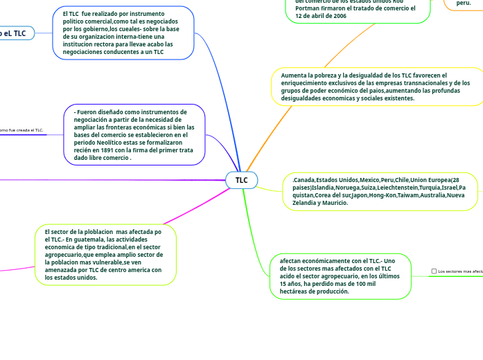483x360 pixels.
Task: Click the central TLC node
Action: click(x=241, y=180)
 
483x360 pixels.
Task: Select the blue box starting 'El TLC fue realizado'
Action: click(x=123, y=33)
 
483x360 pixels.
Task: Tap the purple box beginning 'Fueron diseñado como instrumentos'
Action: click(x=134, y=134)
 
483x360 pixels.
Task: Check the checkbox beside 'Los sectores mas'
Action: click(x=434, y=271)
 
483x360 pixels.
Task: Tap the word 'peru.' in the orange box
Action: click(x=464, y=3)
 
